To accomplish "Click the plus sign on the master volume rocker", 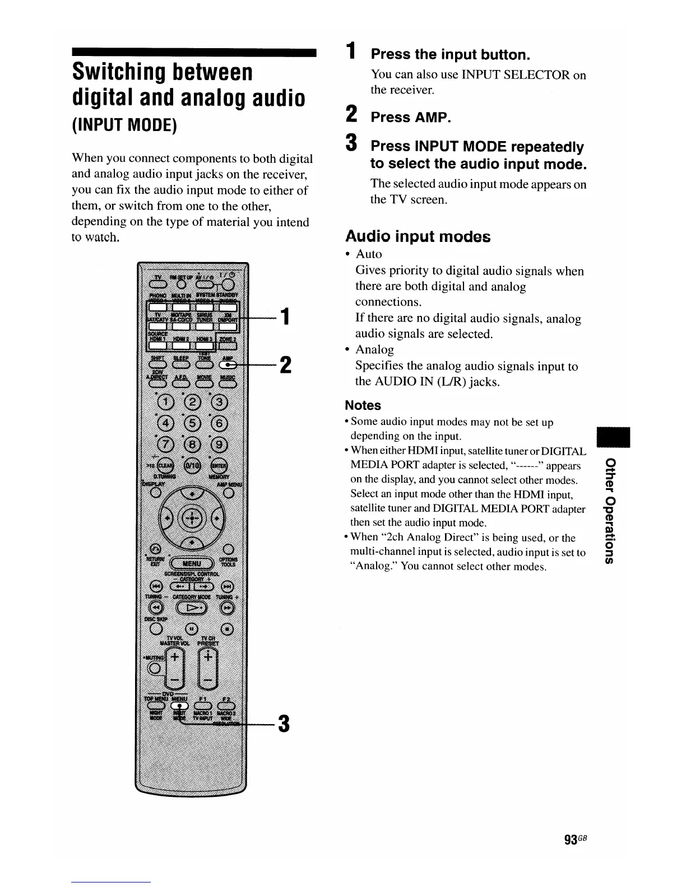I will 175,657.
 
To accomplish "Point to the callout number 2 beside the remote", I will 285,365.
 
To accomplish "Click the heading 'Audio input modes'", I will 418,236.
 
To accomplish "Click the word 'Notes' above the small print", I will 363,405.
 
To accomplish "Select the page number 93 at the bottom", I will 571,840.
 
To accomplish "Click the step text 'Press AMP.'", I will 411,118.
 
